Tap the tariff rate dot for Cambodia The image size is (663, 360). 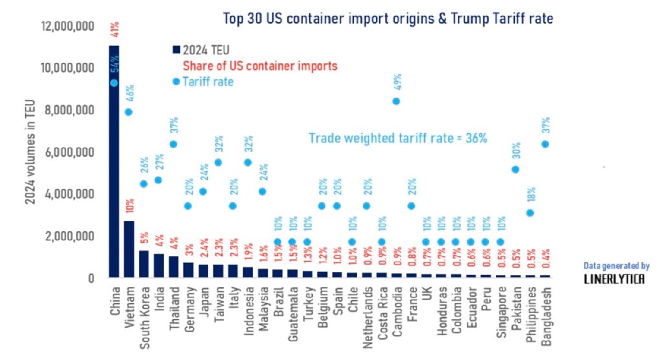click(396, 101)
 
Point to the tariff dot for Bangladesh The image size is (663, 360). click(545, 144)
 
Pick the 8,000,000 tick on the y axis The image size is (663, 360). click(69, 110)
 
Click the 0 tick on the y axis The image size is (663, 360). click(91, 278)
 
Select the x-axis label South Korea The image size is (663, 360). click(145, 318)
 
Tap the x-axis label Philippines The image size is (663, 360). click(531, 314)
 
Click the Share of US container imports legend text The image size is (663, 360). click(260, 66)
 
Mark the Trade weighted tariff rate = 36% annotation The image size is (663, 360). click(398, 138)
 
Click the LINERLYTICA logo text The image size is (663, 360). click(614, 279)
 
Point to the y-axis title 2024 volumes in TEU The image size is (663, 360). click(29, 152)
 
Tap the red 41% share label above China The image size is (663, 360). click(115, 29)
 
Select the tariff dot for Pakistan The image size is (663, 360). click(515, 170)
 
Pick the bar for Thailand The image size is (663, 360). click(174, 267)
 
